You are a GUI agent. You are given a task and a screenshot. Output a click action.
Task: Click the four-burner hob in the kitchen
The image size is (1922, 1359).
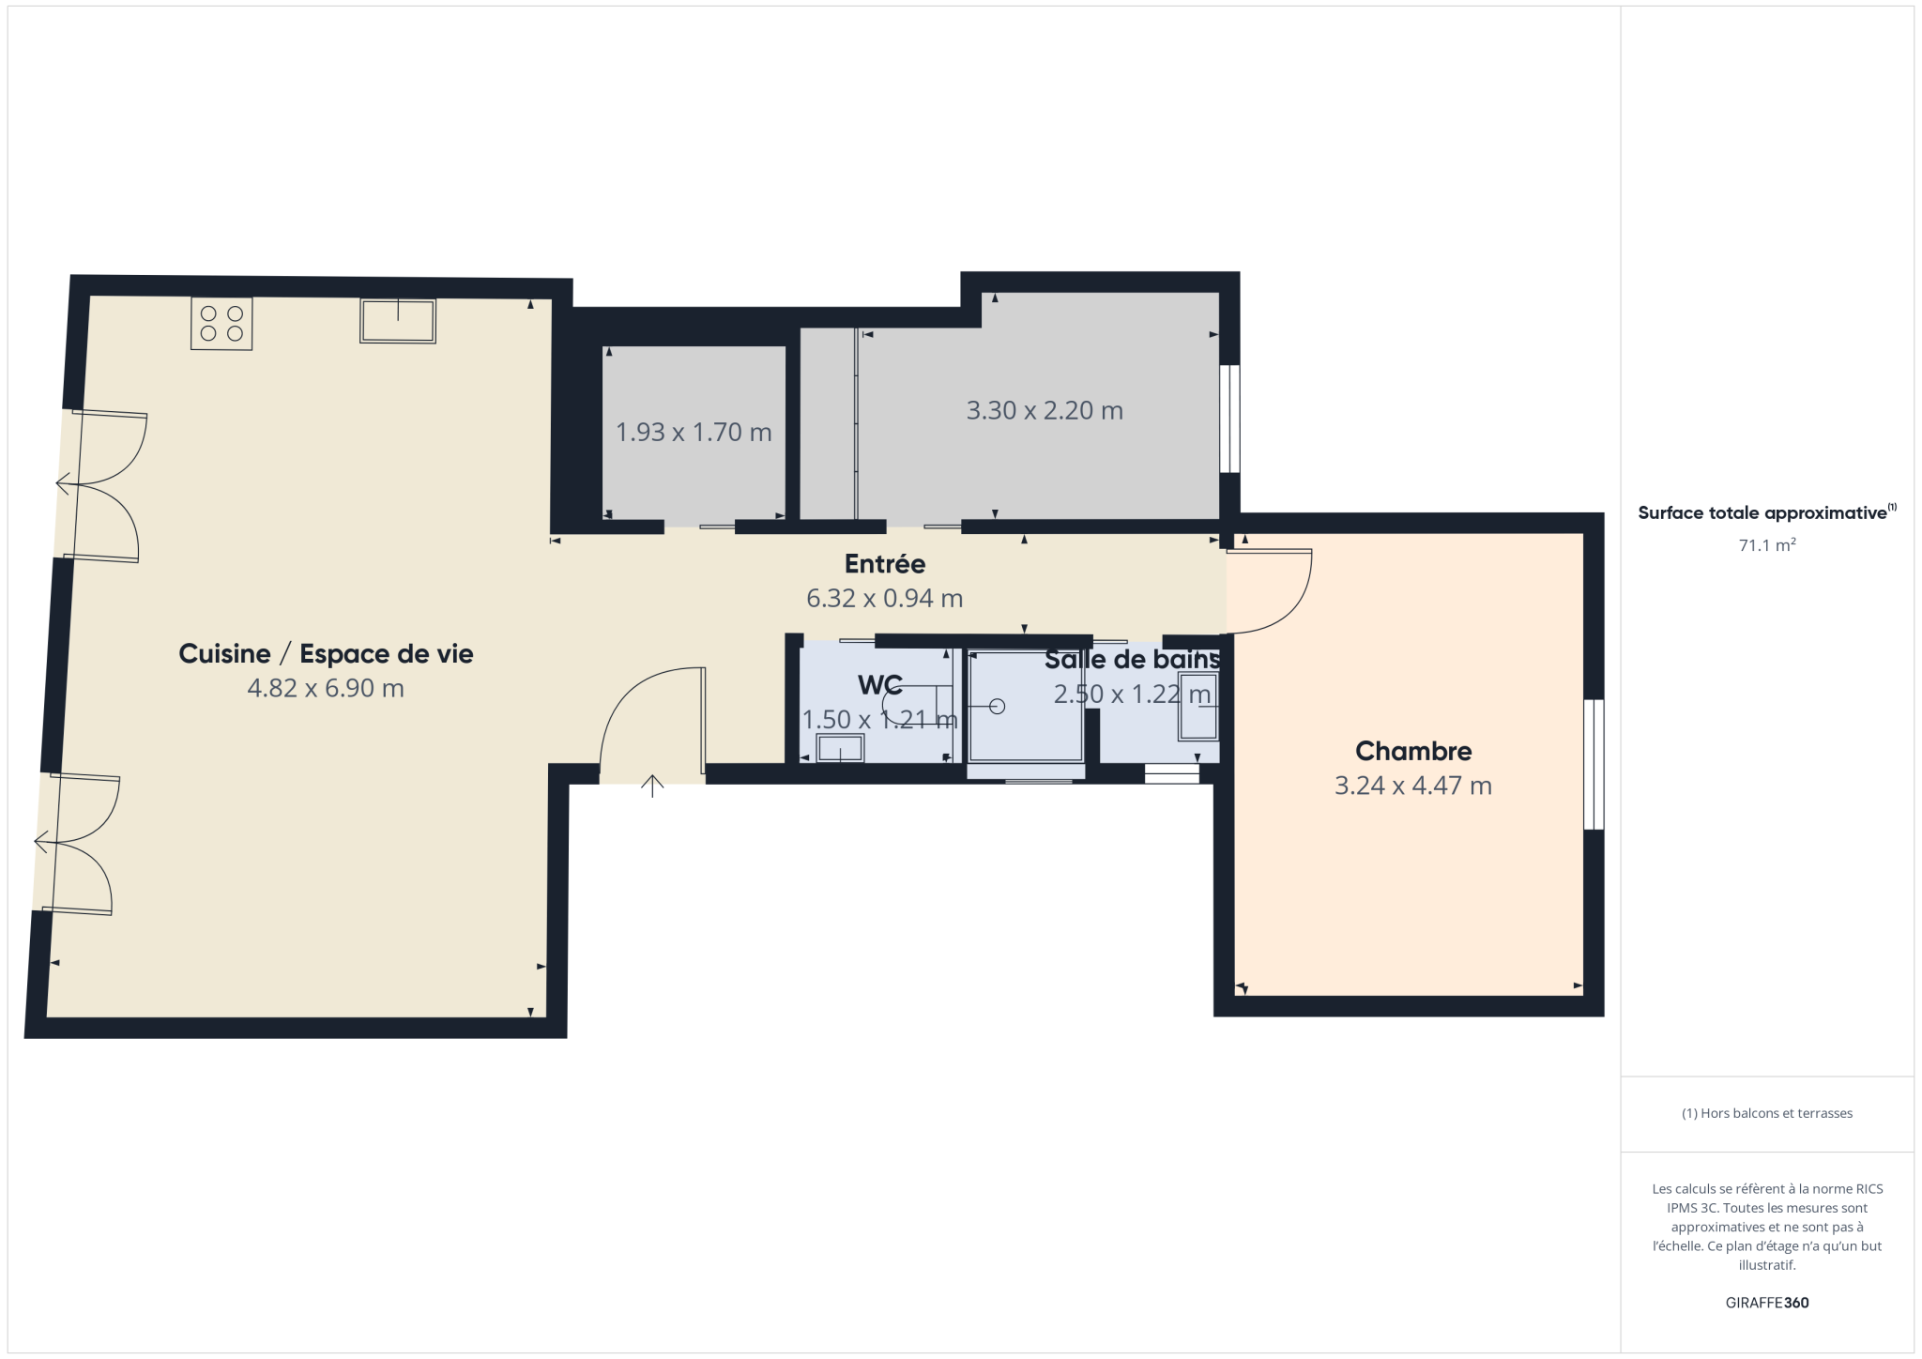coord(221,324)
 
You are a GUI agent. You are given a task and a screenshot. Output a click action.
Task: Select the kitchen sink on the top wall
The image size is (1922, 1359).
coord(398,321)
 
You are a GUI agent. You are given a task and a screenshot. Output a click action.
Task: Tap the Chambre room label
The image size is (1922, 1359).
coord(1413,751)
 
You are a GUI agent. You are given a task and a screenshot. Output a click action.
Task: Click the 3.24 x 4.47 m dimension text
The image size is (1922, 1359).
coord(1413,786)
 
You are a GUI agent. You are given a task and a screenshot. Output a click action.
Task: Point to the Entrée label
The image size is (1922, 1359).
coord(885,564)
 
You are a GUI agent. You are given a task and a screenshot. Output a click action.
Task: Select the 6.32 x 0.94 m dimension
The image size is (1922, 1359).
coord(885,599)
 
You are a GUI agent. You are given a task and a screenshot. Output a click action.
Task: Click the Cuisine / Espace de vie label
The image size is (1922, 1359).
coord(326,654)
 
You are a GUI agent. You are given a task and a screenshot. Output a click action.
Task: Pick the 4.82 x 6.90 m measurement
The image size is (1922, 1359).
coord(326,688)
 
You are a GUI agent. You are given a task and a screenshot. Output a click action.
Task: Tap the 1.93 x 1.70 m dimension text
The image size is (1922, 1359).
coord(694,432)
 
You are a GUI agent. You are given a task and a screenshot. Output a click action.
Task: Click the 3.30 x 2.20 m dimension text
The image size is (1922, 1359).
coord(1045,410)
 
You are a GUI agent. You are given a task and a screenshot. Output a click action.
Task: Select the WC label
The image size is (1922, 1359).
coord(880,685)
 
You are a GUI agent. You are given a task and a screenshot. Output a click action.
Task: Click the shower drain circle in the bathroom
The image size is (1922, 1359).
coord(997,707)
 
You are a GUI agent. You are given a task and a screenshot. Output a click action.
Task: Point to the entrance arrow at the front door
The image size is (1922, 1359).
coord(652,786)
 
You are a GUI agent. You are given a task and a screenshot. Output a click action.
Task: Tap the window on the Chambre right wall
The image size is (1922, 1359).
coord(1594,764)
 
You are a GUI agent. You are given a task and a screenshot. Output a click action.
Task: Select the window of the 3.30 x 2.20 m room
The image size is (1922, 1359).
coord(1229,419)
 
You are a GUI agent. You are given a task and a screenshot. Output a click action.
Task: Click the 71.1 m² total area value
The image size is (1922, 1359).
coord(1767,545)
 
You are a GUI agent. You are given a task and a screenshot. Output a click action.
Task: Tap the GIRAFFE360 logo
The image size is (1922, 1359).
coord(1767,1303)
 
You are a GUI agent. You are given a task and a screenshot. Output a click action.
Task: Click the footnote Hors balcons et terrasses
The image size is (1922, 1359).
coord(1767,1113)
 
